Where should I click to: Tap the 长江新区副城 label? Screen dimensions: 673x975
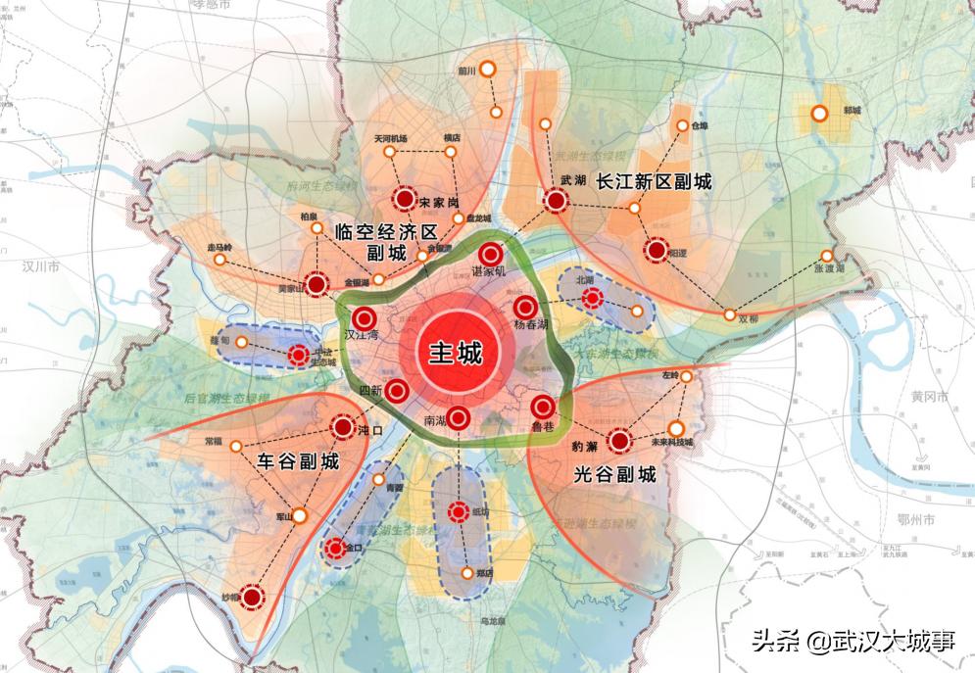(654, 181)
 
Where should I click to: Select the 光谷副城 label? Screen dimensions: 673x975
(614, 475)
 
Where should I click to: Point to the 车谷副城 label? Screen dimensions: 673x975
(298, 460)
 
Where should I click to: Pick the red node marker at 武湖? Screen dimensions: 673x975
(557, 202)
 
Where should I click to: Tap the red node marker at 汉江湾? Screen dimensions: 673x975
(365, 318)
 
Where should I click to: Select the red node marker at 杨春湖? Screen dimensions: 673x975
(525, 307)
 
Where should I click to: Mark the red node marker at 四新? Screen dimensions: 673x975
(397, 392)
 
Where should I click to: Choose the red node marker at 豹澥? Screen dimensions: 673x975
(618, 441)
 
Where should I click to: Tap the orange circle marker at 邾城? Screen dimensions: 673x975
(819, 114)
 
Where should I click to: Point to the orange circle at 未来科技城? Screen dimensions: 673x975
(675, 429)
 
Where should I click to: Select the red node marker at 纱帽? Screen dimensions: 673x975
(252, 597)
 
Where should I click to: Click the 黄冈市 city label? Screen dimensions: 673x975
(929, 397)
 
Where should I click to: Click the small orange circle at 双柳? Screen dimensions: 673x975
(730, 314)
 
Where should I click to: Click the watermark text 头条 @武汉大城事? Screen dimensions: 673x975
(853, 642)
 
